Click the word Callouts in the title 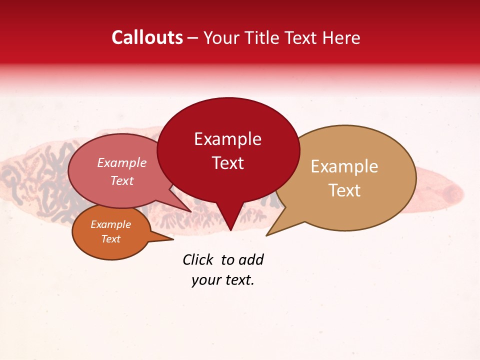tap(147, 37)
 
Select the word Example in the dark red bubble tap(227, 139)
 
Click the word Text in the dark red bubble tap(227, 163)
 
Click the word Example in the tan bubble tap(344, 166)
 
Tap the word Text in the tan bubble tap(344, 190)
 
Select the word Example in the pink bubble tap(121, 163)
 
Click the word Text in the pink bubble tap(121, 181)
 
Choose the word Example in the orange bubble tap(110, 224)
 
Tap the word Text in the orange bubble tap(110, 239)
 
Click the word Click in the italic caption tap(198, 259)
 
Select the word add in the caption tap(251, 259)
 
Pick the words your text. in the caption tap(223, 280)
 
